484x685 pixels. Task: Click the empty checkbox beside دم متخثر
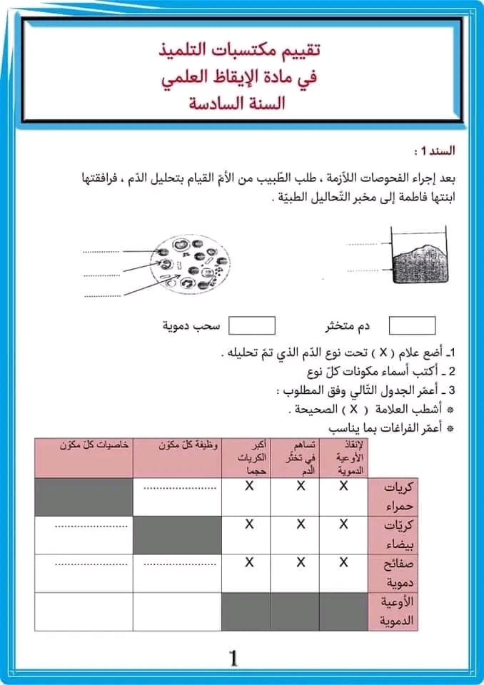click(x=412, y=325)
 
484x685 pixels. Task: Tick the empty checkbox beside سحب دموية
click(x=251, y=325)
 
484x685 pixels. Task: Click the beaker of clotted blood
click(x=418, y=257)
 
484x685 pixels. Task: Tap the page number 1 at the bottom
click(x=233, y=658)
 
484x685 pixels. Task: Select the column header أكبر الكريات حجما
click(x=247, y=457)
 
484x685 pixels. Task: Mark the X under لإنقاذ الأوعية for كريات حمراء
click(x=343, y=486)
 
